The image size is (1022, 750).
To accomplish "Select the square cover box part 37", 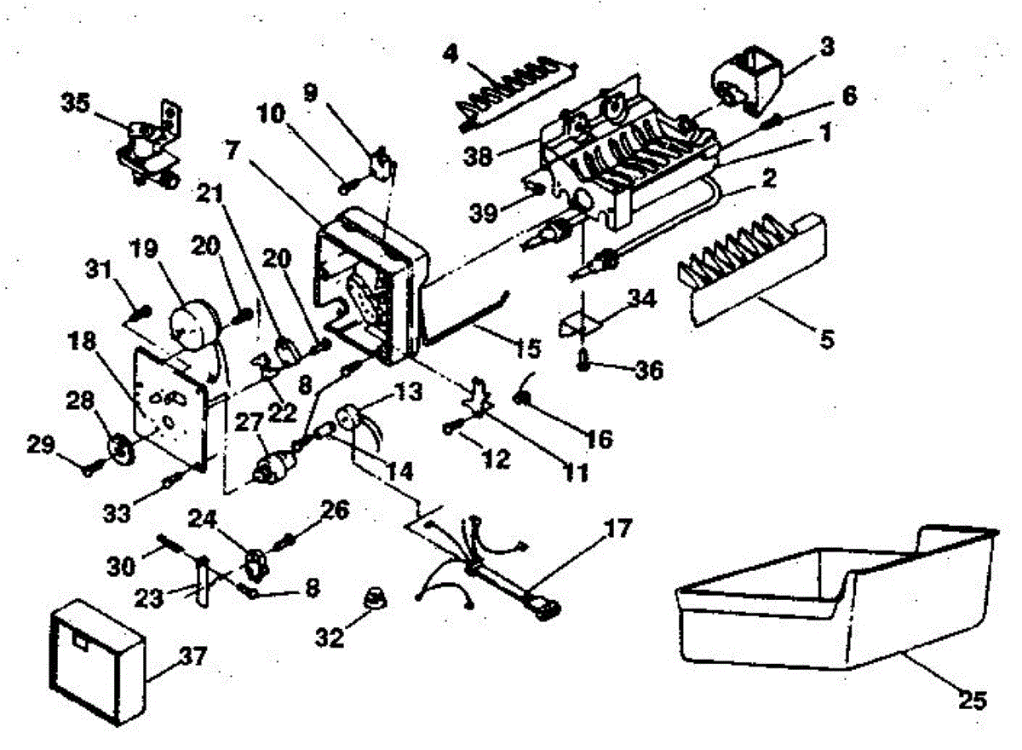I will tap(95, 661).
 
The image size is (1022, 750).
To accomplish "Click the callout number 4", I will tap(452, 54).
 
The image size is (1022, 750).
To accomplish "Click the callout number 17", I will tap(618, 529).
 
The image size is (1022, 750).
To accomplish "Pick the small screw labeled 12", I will tap(449, 430).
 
